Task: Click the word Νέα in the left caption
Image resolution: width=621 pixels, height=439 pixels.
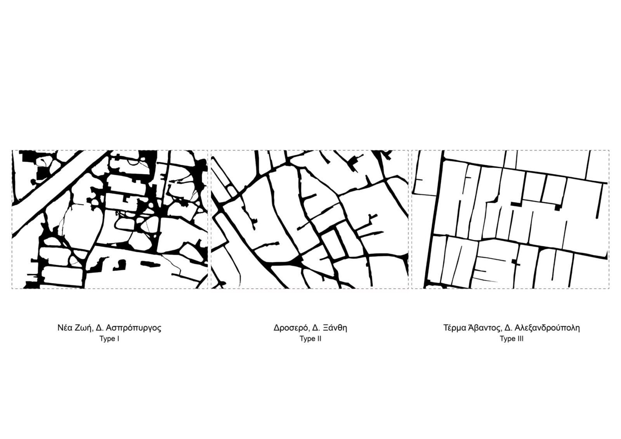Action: click(65, 328)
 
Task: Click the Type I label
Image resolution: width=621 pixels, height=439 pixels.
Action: click(109, 339)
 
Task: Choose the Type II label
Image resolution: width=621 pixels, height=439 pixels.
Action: click(310, 339)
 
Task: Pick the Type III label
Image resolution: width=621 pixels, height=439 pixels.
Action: click(512, 339)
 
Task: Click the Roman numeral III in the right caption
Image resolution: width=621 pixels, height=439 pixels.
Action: click(520, 339)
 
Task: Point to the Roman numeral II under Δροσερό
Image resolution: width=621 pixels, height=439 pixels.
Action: click(319, 339)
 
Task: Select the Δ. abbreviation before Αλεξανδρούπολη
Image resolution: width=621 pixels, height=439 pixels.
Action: click(509, 328)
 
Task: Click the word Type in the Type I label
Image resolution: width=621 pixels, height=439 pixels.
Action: click(107, 339)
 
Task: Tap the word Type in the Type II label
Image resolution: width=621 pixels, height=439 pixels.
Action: click(307, 339)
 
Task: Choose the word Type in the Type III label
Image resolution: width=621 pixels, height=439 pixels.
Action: click(507, 339)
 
